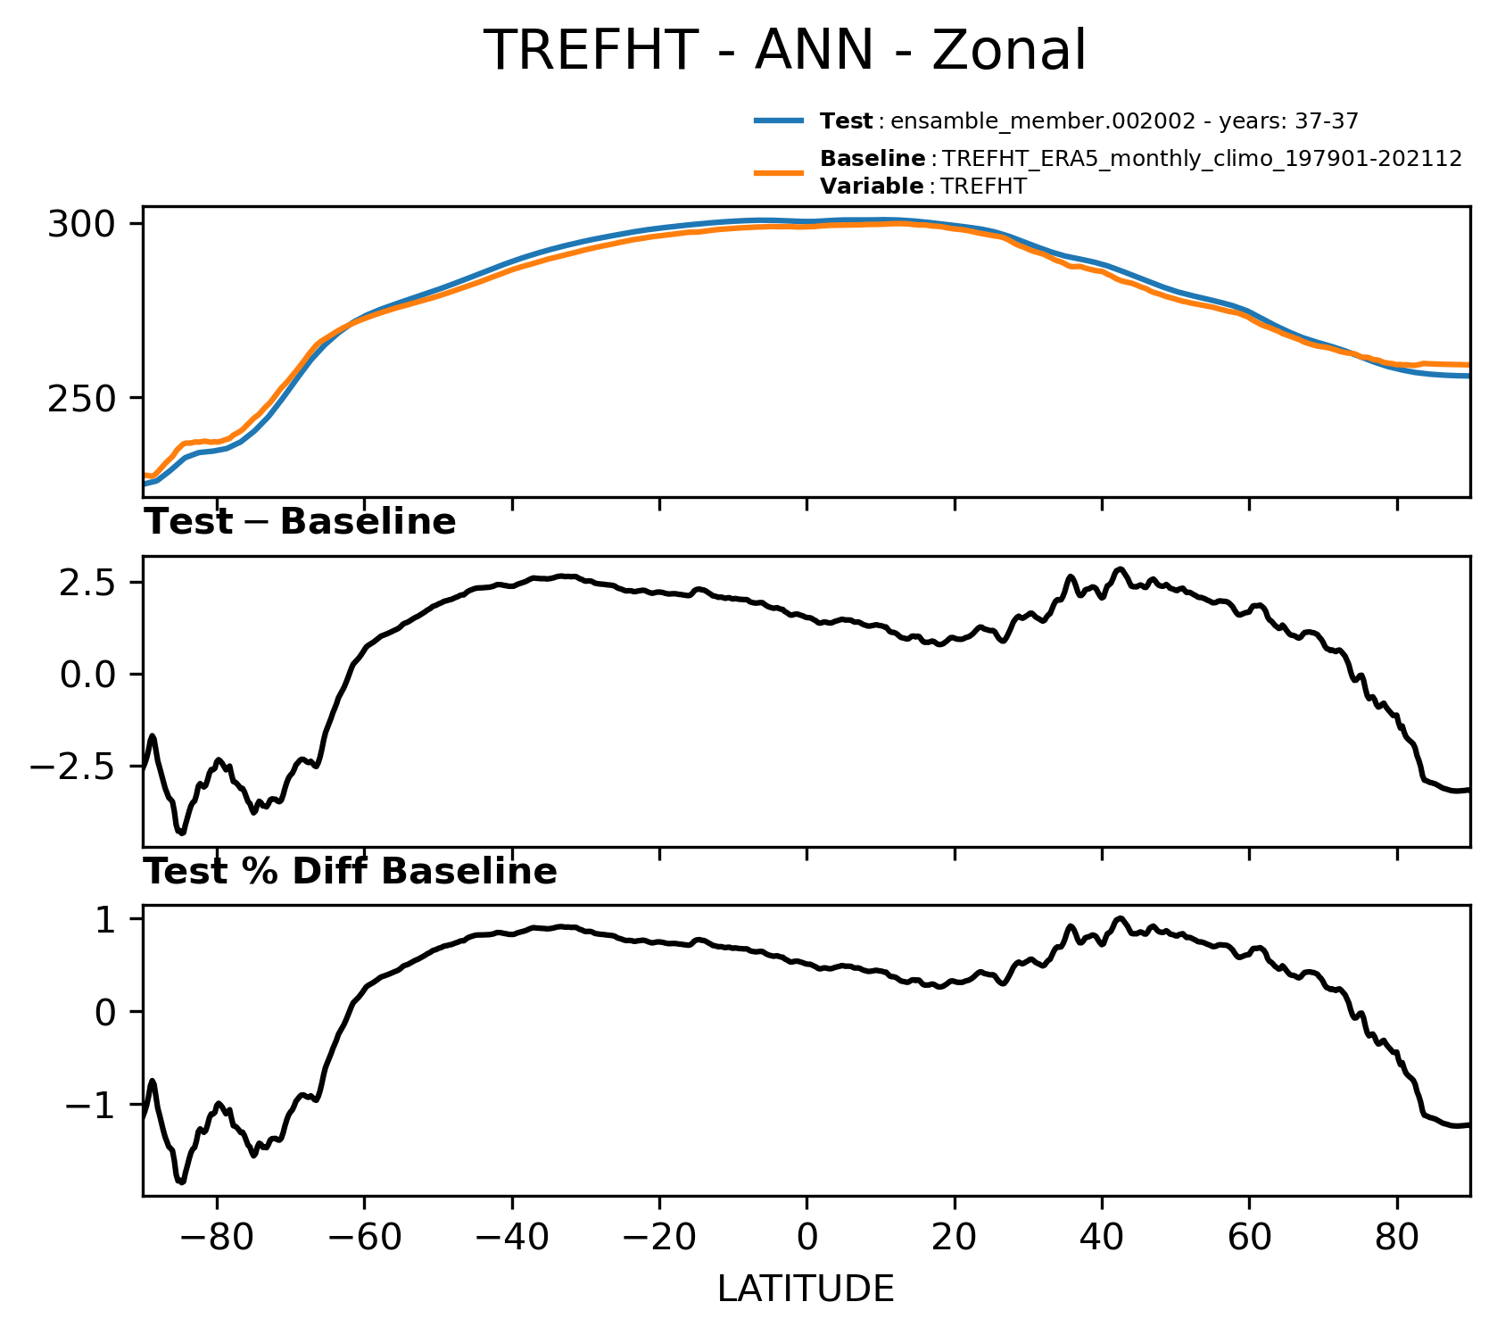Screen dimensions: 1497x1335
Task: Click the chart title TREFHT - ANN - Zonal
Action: tap(784, 50)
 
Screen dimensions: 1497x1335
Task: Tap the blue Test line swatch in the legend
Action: tap(779, 120)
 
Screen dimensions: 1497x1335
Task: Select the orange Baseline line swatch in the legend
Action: tap(779, 172)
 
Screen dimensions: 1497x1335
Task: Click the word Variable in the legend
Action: tap(872, 187)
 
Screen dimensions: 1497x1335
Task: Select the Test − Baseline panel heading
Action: tap(300, 522)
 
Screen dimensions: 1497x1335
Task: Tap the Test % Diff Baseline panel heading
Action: tap(351, 872)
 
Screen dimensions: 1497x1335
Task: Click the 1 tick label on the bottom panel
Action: tap(108, 919)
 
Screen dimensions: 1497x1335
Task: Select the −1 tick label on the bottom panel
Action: tap(94, 1105)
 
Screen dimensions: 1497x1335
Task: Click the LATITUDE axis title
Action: tap(806, 1289)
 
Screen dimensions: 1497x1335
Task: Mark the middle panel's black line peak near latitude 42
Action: tap(1121, 568)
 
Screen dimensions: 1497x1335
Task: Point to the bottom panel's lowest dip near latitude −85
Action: tap(182, 1182)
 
